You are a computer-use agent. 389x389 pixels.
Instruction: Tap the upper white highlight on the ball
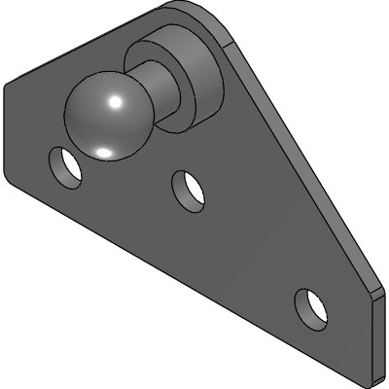tap(115, 102)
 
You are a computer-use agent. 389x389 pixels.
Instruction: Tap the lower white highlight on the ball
tap(104, 151)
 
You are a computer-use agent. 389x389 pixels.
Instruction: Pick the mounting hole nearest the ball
tap(66, 166)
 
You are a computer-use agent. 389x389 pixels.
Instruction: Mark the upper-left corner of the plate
tap(9, 86)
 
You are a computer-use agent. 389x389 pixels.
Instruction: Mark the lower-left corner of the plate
tap(12, 173)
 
